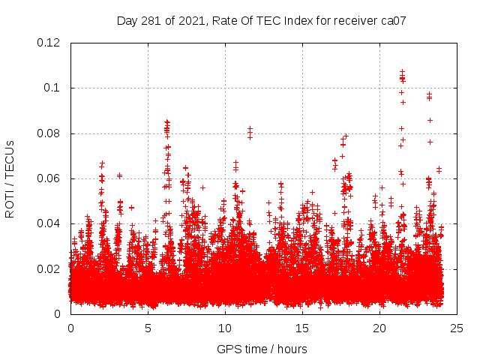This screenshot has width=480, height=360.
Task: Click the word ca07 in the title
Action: tap(393, 21)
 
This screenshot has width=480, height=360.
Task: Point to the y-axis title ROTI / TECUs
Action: tap(10, 178)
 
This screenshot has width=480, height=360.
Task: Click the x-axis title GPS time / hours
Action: tap(262, 349)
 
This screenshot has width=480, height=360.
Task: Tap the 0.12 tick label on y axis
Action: tap(49, 43)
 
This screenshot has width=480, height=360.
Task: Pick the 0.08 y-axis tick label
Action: tap(49, 133)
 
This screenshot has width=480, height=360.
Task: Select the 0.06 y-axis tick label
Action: tap(49, 178)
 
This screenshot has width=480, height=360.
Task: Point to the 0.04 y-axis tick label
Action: tap(49, 223)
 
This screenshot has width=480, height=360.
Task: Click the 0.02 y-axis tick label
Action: tap(49, 268)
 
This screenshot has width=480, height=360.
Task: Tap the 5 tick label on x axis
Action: tap(148, 328)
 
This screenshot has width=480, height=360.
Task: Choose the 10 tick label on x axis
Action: tap(225, 328)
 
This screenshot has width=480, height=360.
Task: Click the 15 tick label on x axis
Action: tap(302, 328)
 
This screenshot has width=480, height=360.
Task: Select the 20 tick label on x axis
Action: tap(379, 328)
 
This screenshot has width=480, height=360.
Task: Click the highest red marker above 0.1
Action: tap(402, 71)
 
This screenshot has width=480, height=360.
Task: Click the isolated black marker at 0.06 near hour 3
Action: tap(119, 175)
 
